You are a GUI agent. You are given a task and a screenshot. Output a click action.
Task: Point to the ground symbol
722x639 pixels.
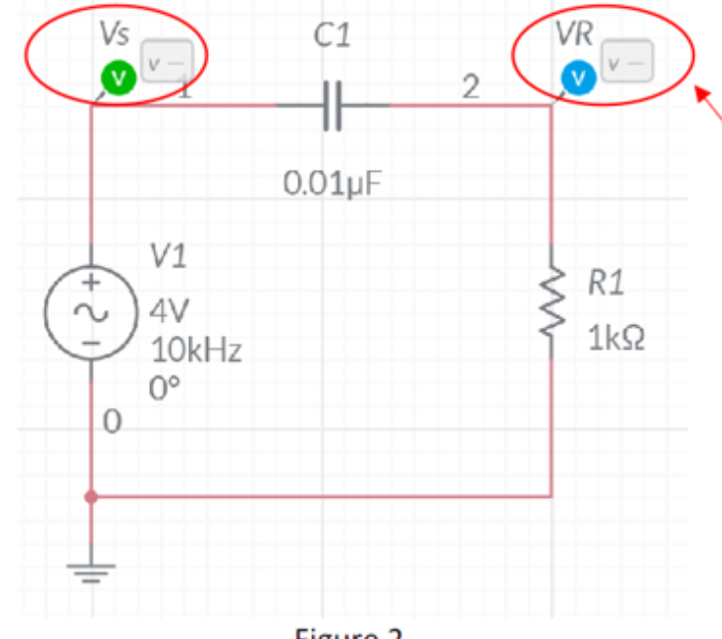coord(90,572)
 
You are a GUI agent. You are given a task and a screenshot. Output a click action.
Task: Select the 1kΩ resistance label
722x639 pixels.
coord(616,339)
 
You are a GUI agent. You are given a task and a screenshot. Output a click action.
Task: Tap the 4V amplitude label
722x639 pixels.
coord(169,310)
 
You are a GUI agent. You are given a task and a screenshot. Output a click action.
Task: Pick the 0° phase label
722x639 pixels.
coord(164,388)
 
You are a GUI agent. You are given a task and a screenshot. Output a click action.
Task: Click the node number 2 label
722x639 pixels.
coord(471,86)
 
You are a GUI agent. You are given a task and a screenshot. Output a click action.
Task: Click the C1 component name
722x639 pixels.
coord(330,37)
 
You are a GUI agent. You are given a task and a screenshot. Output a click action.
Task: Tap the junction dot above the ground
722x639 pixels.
coord(90,495)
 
